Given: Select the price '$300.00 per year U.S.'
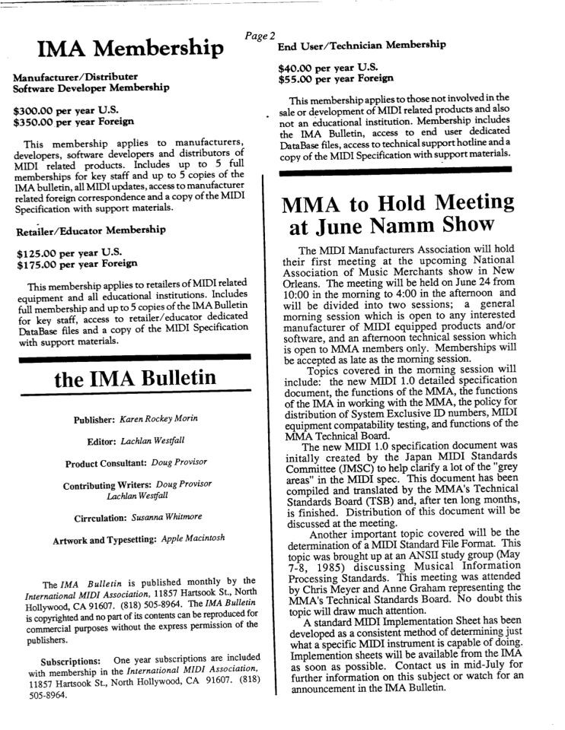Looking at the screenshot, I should (x=62, y=110).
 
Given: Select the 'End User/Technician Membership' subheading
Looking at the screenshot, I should (x=362, y=45).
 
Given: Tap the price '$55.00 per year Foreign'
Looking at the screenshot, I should (x=336, y=78).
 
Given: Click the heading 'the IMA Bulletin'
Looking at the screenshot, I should (x=136, y=379).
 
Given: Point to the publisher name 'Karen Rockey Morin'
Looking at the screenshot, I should (x=165, y=420).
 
